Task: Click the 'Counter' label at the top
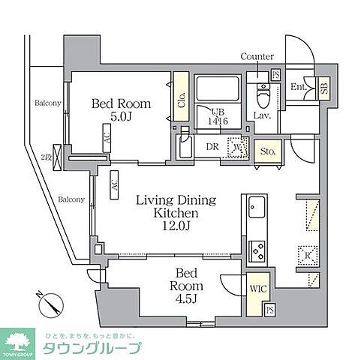point(257,57)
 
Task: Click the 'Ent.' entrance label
point(298,87)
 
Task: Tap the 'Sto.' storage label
point(267,151)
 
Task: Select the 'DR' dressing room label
point(213,146)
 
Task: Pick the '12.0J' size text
point(176,228)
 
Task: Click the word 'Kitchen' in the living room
point(176,214)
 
